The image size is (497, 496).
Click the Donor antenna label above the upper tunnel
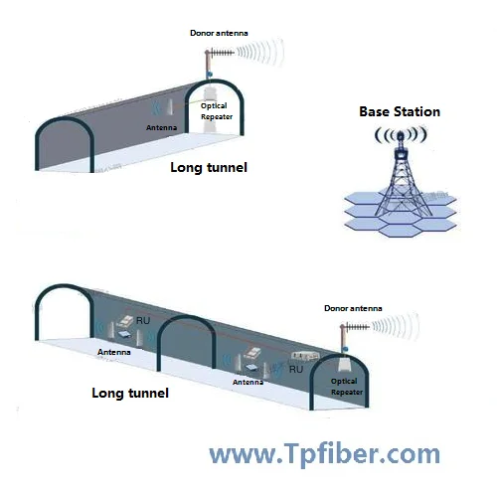point(219,33)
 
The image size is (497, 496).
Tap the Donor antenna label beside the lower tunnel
point(353,308)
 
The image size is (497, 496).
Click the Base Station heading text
point(400,111)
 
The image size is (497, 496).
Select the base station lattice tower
point(403,181)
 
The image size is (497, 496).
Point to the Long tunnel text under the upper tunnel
point(209,168)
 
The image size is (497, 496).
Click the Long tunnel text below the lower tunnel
point(130,394)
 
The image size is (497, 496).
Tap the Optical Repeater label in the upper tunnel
point(217,111)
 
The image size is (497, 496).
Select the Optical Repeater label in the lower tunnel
point(347,387)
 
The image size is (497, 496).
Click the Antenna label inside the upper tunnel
point(161,127)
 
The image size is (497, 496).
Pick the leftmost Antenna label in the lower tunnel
point(114,352)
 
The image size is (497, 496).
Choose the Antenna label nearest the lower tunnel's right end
point(248,382)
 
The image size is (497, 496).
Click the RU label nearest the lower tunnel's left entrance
point(143,320)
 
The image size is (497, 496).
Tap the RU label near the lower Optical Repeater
point(296,369)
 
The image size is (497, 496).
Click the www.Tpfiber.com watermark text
point(325,454)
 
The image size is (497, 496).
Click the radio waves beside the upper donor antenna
point(260,53)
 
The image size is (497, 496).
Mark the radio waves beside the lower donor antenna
point(396,327)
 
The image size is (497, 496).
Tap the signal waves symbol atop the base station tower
point(401,135)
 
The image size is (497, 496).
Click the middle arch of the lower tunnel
point(186,317)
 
